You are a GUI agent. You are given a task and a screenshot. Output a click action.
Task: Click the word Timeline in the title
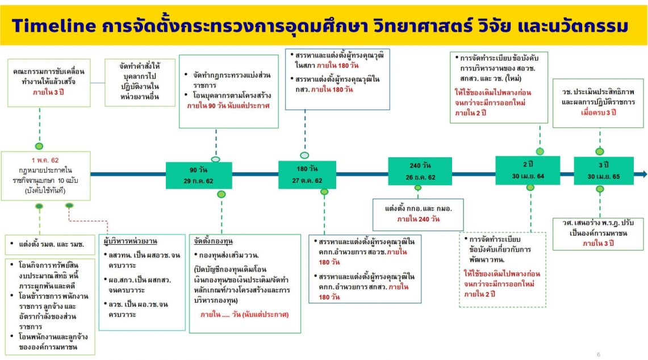54,26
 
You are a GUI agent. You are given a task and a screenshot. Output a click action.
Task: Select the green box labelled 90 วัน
199,175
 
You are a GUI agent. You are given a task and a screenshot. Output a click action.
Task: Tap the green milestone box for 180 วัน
307,174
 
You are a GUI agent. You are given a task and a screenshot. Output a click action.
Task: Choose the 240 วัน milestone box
420,171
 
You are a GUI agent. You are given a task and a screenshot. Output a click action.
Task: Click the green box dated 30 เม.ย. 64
528,170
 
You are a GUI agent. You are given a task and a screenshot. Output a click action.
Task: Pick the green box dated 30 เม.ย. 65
604,170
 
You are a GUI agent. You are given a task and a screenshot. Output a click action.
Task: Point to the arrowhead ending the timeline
644,174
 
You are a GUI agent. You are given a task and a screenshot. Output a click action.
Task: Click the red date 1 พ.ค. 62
45,160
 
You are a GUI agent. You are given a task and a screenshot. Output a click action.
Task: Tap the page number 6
599,354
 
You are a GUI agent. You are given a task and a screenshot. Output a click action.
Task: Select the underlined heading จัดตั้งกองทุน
213,241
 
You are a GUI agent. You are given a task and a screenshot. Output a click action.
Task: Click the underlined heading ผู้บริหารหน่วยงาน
131,241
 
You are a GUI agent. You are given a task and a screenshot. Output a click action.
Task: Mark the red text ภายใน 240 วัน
419,219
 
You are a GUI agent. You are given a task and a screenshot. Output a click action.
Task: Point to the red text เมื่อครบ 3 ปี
599,112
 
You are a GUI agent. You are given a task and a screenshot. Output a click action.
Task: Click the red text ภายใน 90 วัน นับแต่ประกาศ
228,106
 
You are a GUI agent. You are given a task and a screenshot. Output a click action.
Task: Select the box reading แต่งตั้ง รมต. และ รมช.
49,244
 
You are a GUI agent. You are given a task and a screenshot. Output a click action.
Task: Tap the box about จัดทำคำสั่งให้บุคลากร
140,82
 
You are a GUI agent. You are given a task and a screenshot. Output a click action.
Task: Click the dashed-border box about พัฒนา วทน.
503,270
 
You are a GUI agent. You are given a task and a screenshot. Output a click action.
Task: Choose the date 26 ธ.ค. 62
420,177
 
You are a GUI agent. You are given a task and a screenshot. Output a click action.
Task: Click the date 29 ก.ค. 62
198,181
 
